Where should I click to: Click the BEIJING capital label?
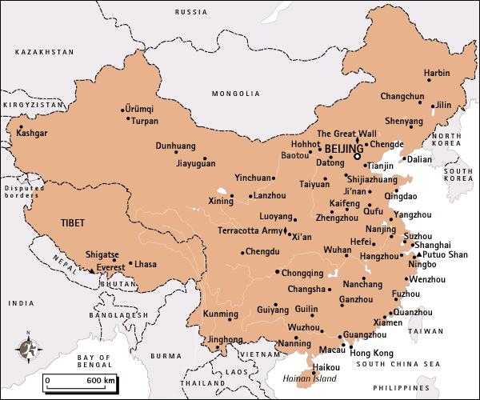coord(343,149)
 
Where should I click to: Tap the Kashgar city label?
coord(32,133)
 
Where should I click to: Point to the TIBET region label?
coord(73,223)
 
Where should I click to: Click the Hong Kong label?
coord(372,353)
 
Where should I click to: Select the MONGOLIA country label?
coord(230,94)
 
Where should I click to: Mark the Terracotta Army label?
coord(250,230)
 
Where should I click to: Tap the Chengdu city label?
coord(262,251)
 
